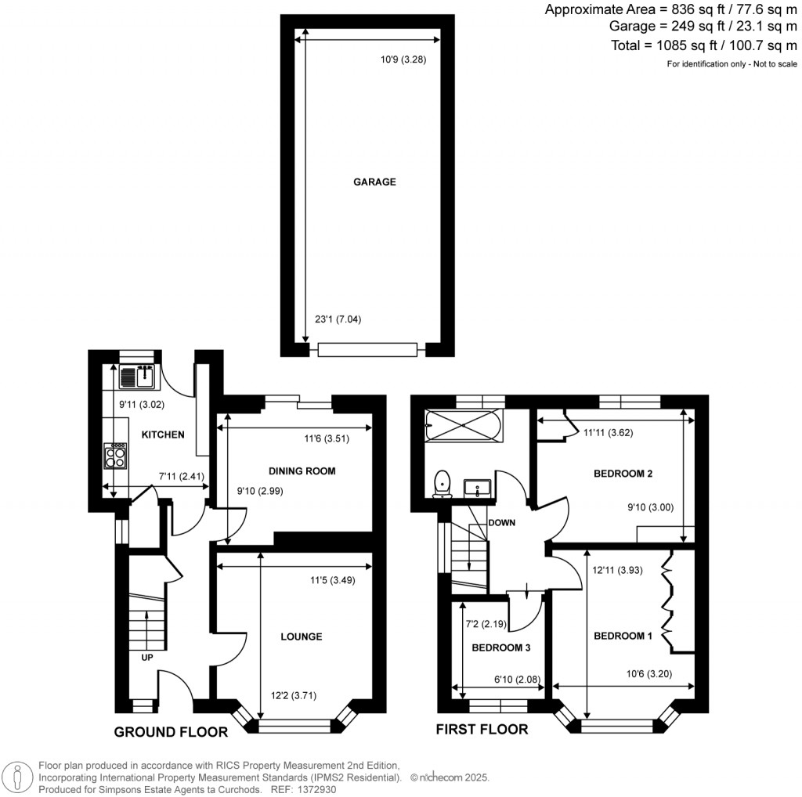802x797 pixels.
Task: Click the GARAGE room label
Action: (x=374, y=182)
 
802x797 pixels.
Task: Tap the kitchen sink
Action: (x=139, y=377)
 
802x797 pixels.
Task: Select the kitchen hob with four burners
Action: (x=116, y=456)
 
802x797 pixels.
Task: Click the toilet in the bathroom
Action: (x=443, y=483)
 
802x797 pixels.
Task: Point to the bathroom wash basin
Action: (x=477, y=488)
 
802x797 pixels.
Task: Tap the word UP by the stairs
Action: (x=146, y=658)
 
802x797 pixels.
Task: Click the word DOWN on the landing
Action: (x=501, y=522)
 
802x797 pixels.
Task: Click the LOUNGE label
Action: (x=302, y=637)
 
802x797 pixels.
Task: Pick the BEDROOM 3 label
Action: (x=501, y=647)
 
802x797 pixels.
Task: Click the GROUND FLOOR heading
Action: (x=171, y=732)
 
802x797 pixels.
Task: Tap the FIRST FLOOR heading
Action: (x=482, y=729)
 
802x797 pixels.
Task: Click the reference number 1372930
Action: (x=313, y=790)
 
